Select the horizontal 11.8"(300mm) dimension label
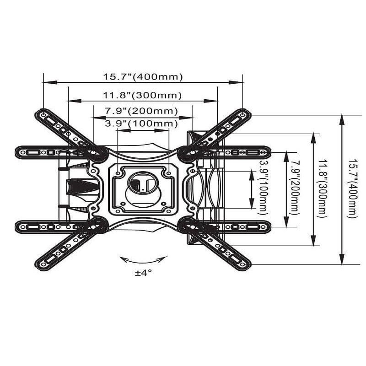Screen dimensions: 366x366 pos(142,95)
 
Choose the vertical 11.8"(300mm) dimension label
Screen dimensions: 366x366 pos(323,189)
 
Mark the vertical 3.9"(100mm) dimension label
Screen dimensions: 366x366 pos(263,188)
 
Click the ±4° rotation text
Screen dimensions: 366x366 pos(142,273)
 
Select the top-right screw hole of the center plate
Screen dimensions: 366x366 pos(168,174)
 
